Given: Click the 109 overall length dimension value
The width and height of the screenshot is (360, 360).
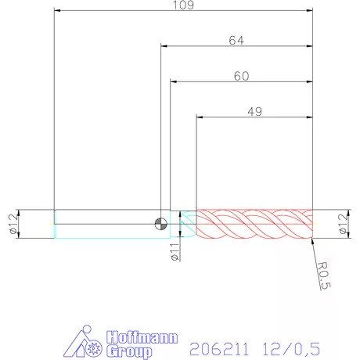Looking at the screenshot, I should click(x=183, y=5).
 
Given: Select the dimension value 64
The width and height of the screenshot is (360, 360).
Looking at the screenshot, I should click(x=236, y=39).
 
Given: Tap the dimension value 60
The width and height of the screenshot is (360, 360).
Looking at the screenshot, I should click(x=241, y=76).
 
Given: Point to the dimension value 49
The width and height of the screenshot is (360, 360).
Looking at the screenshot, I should click(x=254, y=111).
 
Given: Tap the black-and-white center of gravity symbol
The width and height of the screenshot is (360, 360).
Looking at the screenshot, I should click(x=160, y=225).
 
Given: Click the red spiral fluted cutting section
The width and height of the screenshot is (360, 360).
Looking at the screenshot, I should click(x=254, y=225).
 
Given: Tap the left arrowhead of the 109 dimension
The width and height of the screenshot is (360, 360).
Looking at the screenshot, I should click(x=57, y=11).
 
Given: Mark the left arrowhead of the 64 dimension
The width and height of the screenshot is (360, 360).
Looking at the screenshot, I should click(x=164, y=45).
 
